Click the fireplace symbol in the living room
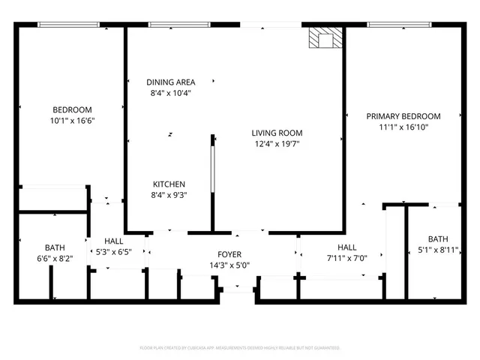[325, 39]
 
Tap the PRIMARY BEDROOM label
[403, 116]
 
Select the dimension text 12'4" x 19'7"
[277, 144]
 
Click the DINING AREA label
[170, 82]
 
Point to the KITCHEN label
[169, 184]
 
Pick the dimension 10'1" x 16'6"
[72, 121]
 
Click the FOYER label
[229, 254]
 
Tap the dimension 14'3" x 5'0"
[229, 265]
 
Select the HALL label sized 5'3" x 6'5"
[114, 241]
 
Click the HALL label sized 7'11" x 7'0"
[346, 247]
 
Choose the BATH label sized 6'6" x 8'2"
[55, 247]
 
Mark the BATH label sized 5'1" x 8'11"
[438, 239]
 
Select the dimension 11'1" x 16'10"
[403, 127]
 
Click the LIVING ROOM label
[277, 133]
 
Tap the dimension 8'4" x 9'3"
[169, 195]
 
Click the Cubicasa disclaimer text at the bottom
[240, 348]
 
